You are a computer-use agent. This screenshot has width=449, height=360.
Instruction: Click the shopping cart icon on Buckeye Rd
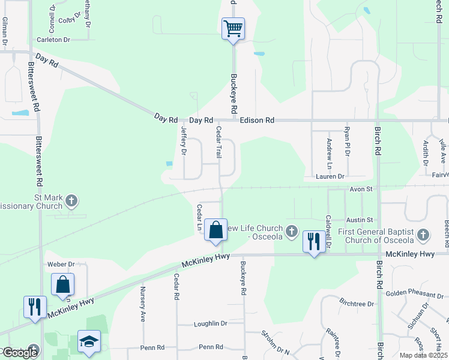coord(233,28)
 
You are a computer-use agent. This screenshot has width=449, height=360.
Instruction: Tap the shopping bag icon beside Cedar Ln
coord(216,230)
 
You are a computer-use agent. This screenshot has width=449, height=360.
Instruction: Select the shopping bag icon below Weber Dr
coord(63,285)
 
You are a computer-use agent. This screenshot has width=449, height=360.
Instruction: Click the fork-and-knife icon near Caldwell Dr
coord(313,242)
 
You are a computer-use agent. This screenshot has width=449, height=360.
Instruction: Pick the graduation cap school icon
coord(89,341)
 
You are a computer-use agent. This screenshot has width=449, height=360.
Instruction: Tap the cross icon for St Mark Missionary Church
coord(71,200)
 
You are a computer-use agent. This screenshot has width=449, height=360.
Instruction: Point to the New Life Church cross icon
coord(291,231)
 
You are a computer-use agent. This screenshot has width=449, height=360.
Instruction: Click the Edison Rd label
coord(257,121)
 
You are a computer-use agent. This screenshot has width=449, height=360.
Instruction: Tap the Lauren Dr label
coord(331,177)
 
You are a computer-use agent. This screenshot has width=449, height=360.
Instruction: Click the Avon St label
coord(362,189)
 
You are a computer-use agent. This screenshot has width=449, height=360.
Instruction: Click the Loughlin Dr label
coord(210,323)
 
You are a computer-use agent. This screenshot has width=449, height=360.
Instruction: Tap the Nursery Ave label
coord(143,305)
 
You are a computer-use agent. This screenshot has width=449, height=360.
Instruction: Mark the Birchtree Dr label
coord(357,304)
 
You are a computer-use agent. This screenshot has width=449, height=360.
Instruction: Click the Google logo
coord(20,352)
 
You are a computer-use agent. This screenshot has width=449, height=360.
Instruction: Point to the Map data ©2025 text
coord(423,355)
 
